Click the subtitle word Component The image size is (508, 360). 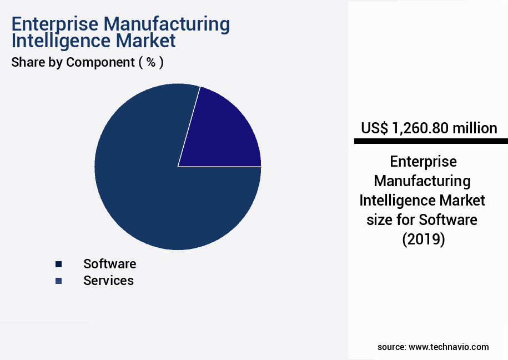[x=100, y=62]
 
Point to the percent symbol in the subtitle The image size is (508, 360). [x=150, y=62]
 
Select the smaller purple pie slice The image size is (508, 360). [x=228, y=133]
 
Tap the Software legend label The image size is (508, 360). [x=109, y=264]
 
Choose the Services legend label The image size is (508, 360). [x=108, y=281]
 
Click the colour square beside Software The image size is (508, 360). [x=58, y=264]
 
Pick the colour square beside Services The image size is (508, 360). [x=58, y=281]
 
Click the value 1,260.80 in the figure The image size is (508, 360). [x=419, y=128]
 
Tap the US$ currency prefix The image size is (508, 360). [x=374, y=128]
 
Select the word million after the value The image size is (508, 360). [x=475, y=128]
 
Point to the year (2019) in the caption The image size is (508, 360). [x=423, y=239]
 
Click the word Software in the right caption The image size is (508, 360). [x=447, y=219]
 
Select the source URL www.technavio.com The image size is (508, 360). [x=449, y=347]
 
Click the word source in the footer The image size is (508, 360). [x=391, y=347]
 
